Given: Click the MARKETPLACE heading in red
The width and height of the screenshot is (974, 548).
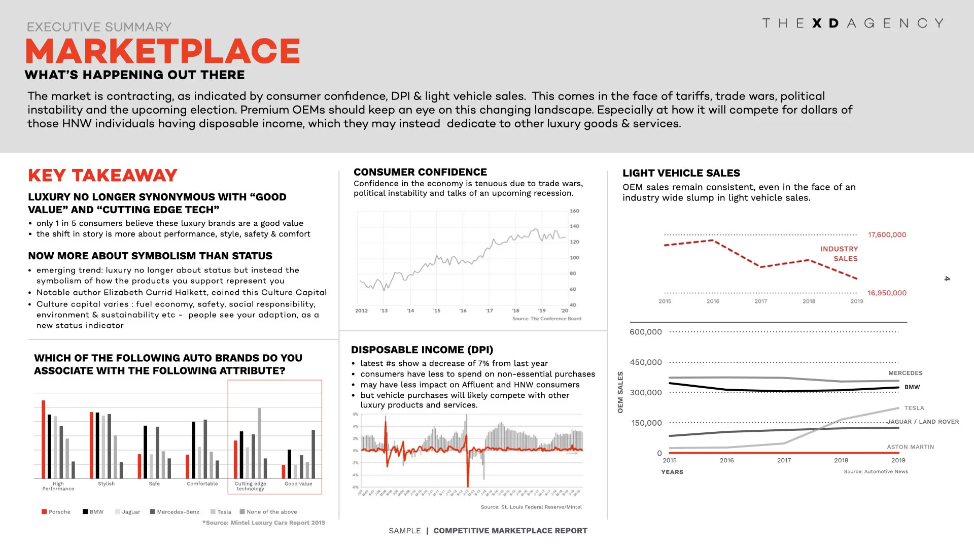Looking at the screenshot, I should (162, 51).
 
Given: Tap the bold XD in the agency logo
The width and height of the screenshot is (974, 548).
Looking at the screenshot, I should (825, 23).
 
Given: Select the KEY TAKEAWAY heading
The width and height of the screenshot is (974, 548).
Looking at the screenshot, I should (102, 176).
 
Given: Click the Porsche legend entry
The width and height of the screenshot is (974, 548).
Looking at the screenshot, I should (56, 511).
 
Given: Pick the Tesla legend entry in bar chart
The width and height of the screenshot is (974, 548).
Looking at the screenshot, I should (221, 511).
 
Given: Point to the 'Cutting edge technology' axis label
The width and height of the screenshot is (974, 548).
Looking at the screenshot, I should (250, 486).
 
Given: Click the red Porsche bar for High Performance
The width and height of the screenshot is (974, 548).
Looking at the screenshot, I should (44, 439).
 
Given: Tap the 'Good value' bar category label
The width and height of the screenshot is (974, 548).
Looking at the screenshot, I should (298, 484).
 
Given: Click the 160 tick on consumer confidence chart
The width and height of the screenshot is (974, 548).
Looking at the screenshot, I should (574, 211).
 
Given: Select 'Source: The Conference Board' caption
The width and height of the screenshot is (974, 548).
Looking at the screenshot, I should (546, 319).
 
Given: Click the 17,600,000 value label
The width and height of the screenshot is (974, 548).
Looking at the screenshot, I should (886, 235).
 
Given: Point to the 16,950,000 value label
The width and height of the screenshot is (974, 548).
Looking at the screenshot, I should (886, 293).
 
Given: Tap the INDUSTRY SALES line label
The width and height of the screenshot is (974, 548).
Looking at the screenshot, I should (839, 254).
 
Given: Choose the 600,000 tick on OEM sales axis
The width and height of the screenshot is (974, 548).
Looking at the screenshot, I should (645, 332).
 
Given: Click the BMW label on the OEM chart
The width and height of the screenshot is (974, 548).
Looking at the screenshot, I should (912, 387).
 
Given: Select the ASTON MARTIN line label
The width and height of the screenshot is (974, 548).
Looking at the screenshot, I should (910, 447).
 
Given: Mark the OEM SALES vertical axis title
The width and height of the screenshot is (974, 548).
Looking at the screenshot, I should (620, 392).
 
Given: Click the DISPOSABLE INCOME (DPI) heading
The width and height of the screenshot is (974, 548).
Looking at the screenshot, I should (422, 350).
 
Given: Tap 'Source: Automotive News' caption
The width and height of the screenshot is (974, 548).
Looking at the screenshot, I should (876, 471).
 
